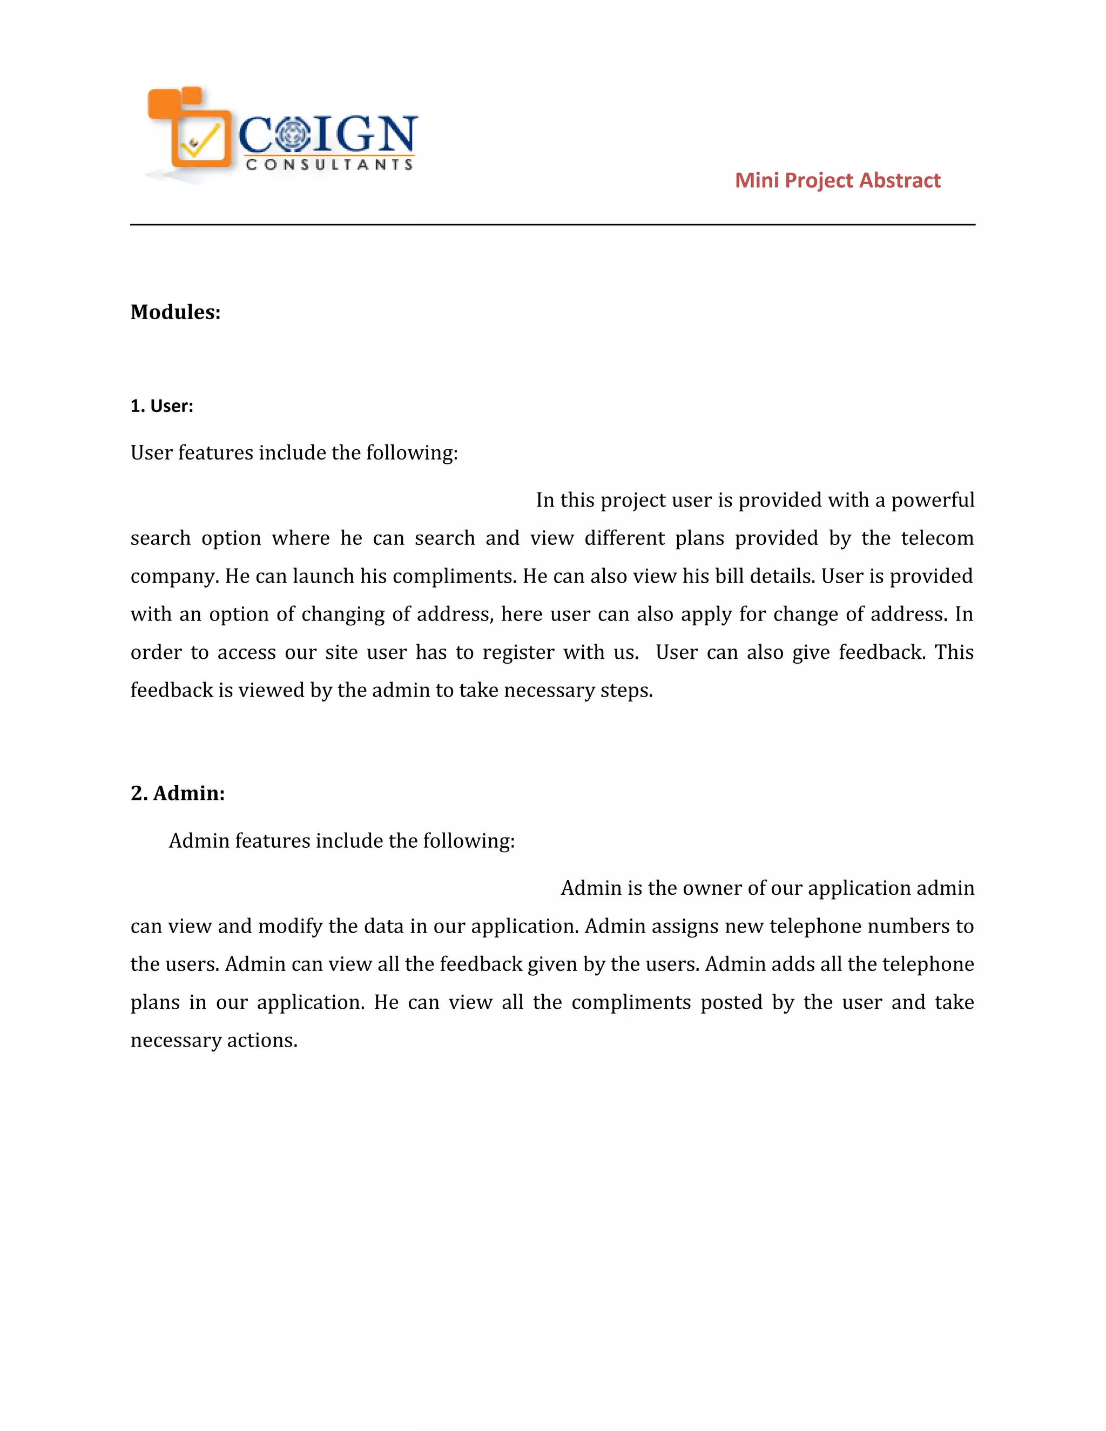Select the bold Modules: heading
tap(176, 312)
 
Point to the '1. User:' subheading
tap(162, 406)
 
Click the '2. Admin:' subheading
tap(178, 793)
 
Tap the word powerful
tap(932, 500)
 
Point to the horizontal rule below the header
tap(552, 225)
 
